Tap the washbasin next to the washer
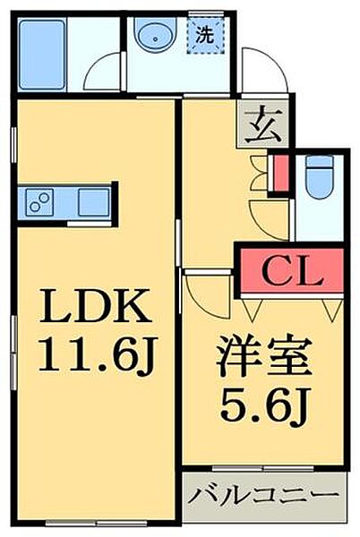(x=156, y=38)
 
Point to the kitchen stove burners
(x=39, y=200)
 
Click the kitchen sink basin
(x=92, y=201)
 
